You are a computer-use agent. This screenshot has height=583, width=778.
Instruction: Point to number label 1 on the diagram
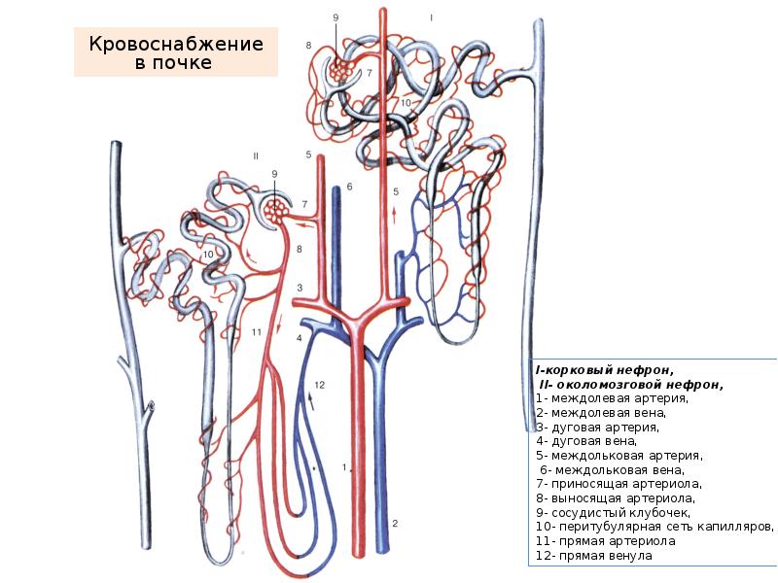coord(345,466)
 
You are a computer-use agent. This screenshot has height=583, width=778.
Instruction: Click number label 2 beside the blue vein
coord(395,524)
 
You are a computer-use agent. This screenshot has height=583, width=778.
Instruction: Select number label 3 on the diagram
coord(301,288)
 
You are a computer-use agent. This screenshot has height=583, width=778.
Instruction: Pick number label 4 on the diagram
coord(300,337)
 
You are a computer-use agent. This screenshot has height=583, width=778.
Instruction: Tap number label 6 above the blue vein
coord(348,187)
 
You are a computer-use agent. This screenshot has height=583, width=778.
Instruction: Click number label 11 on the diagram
coord(257,332)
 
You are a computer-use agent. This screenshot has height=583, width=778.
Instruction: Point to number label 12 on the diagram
coord(318,385)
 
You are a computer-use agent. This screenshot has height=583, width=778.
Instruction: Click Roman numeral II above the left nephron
coord(256,155)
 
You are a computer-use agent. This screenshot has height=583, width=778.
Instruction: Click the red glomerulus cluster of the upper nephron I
coord(339,71)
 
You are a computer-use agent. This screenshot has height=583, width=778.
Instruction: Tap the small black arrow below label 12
coord(312,397)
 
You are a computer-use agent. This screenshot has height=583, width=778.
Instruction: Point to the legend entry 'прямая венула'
coord(602,555)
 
